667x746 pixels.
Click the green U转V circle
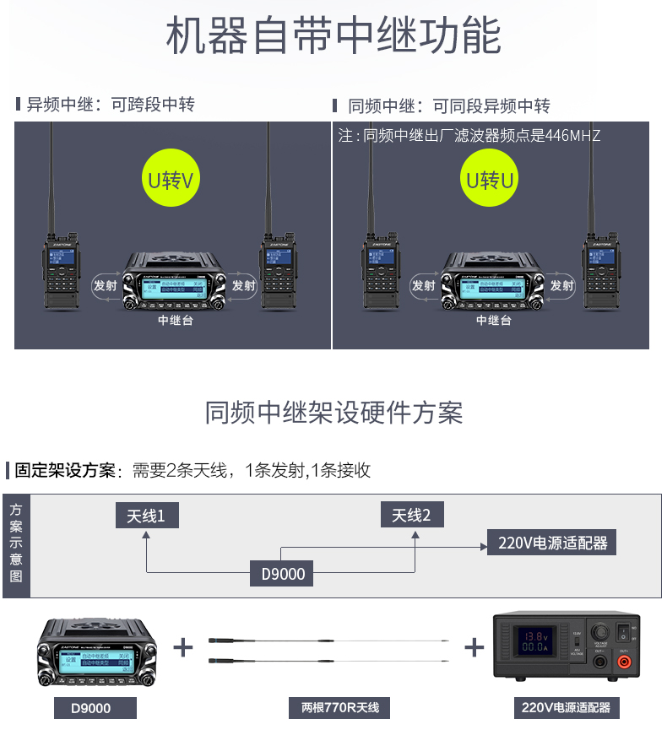(171, 180)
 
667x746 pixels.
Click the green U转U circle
(491, 180)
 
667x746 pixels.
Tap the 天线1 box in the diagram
(146, 516)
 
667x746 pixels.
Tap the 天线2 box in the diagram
(412, 515)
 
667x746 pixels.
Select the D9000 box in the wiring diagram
(282, 575)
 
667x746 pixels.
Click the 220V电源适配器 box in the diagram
(552, 543)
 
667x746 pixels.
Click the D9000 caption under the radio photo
(95, 707)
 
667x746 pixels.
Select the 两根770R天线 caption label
(333, 707)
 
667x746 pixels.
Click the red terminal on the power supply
(624, 663)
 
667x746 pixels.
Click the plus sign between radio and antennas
(183, 647)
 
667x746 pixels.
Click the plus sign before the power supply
(474, 647)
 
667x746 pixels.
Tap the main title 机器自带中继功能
(333, 36)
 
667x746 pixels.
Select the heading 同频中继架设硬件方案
(333, 413)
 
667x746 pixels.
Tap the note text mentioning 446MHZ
(469, 135)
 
